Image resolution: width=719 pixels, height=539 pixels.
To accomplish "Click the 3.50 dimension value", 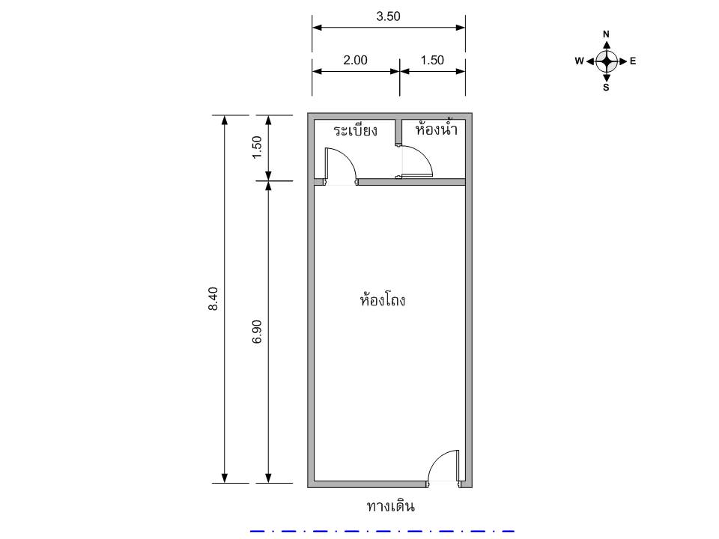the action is point(388,16).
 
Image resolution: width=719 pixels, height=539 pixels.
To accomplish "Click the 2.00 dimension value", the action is point(355,60).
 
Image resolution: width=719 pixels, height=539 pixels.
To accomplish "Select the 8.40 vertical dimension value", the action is point(213,299).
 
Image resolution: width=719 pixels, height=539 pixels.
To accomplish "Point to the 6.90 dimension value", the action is point(257,332).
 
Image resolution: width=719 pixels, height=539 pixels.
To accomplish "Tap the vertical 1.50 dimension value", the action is point(257,147).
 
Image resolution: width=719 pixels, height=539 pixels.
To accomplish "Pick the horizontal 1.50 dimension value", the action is point(432,60).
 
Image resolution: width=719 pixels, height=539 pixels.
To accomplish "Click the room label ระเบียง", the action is point(355,130).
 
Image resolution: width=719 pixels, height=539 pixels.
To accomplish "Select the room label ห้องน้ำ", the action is point(436,128).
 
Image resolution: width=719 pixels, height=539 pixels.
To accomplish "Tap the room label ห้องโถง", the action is point(383,299).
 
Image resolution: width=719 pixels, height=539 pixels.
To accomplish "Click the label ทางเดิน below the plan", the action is point(391,506).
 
